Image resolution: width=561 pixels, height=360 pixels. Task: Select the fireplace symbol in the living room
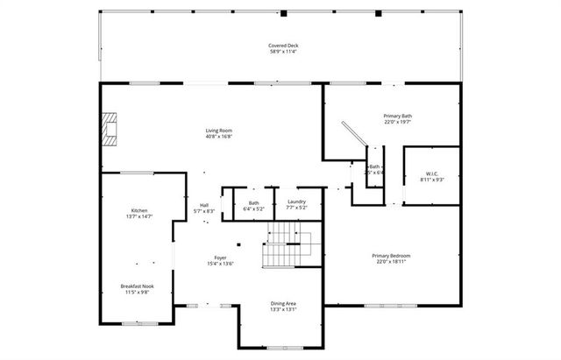108,128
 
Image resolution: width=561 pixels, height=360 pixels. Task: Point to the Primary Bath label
398,116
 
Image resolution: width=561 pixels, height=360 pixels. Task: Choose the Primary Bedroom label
394,256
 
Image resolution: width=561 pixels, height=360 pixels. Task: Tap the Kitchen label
139,211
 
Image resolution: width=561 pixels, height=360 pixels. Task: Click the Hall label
203,206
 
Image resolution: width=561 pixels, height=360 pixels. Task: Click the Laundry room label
296,202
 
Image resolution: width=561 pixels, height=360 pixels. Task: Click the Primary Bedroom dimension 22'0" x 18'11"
394,262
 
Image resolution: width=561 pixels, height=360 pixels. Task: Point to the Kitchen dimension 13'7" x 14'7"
139,217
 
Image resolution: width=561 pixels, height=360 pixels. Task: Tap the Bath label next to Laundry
253,202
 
